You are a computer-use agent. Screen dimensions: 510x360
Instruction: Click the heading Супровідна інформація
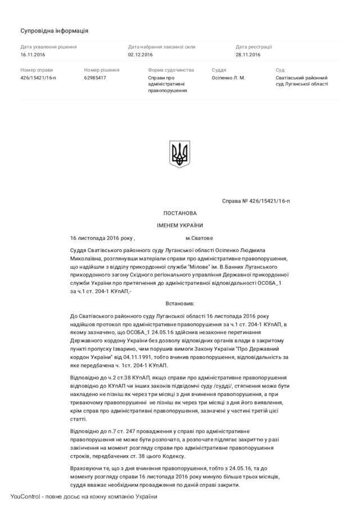coord(54,30)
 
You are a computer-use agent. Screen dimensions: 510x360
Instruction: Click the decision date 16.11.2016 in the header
coord(33,55)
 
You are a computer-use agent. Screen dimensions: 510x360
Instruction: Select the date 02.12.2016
coord(140,55)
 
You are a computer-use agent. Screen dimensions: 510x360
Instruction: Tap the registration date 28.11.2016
coord(248,55)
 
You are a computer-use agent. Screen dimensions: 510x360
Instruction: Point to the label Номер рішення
coord(102,70)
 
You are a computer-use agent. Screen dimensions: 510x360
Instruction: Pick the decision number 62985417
coord(95,78)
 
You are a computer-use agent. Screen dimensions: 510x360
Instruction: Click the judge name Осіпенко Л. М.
coord(228,78)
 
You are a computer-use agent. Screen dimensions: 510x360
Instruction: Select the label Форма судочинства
coord(171,70)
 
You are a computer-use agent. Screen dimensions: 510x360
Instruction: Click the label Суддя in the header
coord(219,70)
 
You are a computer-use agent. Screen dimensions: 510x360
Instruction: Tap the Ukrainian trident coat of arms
coord(180,154)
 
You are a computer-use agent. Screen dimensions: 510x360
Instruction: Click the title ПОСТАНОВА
coord(180,213)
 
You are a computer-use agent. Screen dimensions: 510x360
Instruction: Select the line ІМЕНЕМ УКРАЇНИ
coord(180,225)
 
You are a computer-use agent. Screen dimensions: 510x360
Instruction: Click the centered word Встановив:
coord(180,303)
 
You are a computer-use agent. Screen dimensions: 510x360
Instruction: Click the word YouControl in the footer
coord(24,496)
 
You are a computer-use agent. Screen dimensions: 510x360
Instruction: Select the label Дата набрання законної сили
coord(162,47)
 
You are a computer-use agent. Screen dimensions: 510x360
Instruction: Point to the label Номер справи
coord(37,70)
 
